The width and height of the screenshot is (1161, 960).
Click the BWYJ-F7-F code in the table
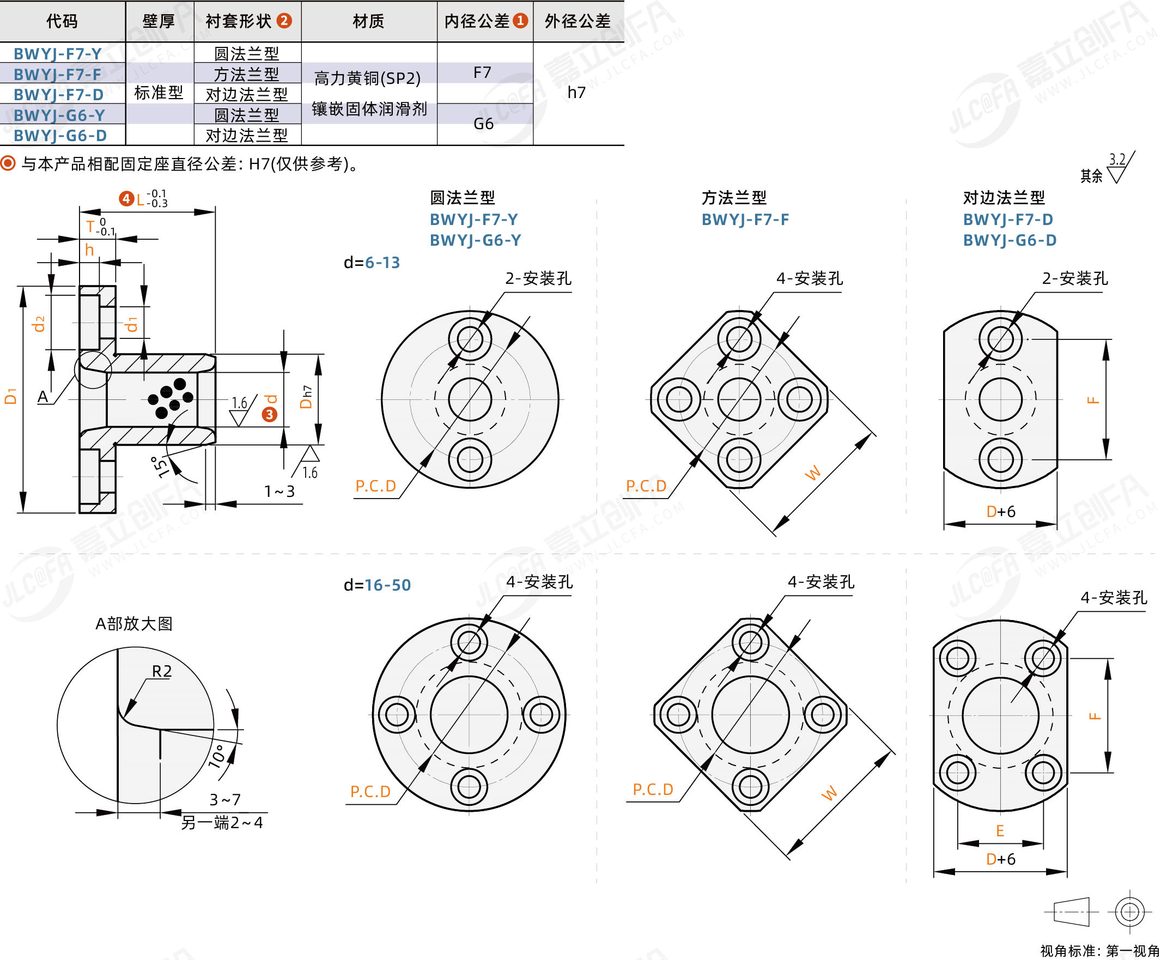(x=57, y=74)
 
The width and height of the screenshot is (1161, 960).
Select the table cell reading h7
(x=576, y=93)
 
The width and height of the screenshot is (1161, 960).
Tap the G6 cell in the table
(x=483, y=123)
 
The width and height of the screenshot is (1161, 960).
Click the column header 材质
(x=368, y=21)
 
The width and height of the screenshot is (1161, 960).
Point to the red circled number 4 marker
(x=126, y=198)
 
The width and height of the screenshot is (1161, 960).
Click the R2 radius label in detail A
(x=161, y=671)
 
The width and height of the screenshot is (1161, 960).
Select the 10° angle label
(x=217, y=756)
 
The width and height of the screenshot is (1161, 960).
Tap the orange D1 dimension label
(x=10, y=396)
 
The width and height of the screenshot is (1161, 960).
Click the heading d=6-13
(x=372, y=262)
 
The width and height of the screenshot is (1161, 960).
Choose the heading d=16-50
(x=377, y=585)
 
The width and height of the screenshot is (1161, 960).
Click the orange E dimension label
(x=1000, y=830)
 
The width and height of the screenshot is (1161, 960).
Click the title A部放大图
(x=134, y=624)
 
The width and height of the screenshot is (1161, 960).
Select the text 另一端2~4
(x=222, y=823)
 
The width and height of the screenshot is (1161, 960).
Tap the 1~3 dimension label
(x=279, y=491)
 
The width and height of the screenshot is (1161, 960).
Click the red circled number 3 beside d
(x=269, y=414)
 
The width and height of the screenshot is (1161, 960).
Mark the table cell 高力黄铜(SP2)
(x=368, y=78)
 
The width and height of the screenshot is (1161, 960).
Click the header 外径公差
(x=578, y=21)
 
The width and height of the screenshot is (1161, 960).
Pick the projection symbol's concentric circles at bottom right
(x=1129, y=912)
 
